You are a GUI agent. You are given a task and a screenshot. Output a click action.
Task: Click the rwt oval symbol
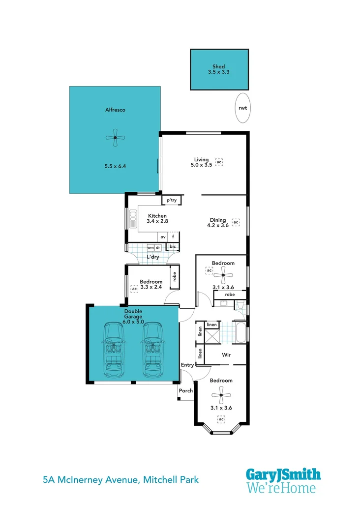tap(242, 108)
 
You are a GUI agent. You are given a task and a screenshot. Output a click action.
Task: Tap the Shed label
tap(219, 66)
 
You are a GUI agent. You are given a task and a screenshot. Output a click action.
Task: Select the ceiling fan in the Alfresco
tap(115, 138)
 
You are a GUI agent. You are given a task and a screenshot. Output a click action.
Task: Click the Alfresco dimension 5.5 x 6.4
tap(115, 166)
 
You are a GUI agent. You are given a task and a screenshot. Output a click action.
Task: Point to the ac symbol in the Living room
tap(219, 162)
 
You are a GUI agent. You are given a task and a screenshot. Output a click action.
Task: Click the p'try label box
tap(172, 200)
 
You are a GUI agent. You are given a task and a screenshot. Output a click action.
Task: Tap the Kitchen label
tap(157, 216)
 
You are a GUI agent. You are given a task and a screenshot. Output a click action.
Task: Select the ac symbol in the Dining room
tap(236, 222)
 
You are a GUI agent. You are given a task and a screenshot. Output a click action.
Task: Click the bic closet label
tap(173, 246)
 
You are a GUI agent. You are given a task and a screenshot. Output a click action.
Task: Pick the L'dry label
tap(153, 257)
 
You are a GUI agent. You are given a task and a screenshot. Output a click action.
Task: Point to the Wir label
tap(226, 354)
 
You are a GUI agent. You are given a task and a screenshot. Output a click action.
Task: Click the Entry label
tap(187, 365)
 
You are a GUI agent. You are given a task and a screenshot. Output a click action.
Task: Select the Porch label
tap(185, 391)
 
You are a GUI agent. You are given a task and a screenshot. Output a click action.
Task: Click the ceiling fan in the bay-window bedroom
tap(221, 394)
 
